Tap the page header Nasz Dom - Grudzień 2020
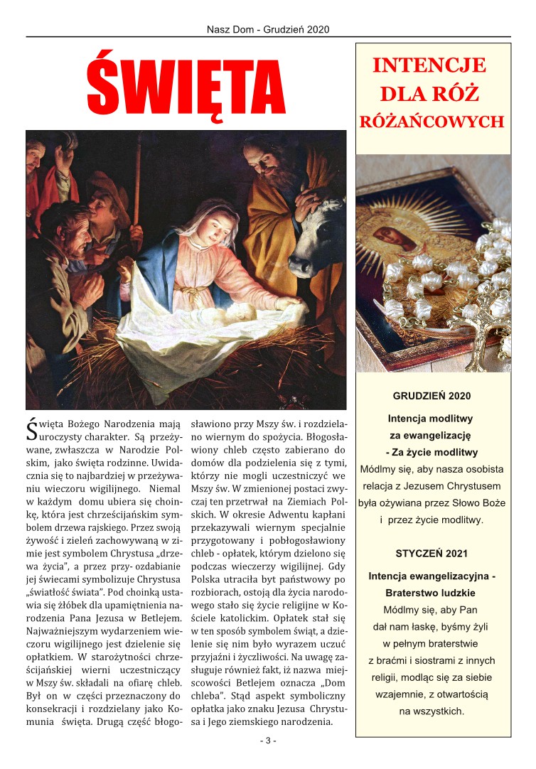pos(268,29)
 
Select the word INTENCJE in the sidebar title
pos(429,66)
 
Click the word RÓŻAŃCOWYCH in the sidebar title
pos(432,121)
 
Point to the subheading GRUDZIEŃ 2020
pos(432,395)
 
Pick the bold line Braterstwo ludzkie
pos(431,593)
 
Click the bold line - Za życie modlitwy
pos(432,453)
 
